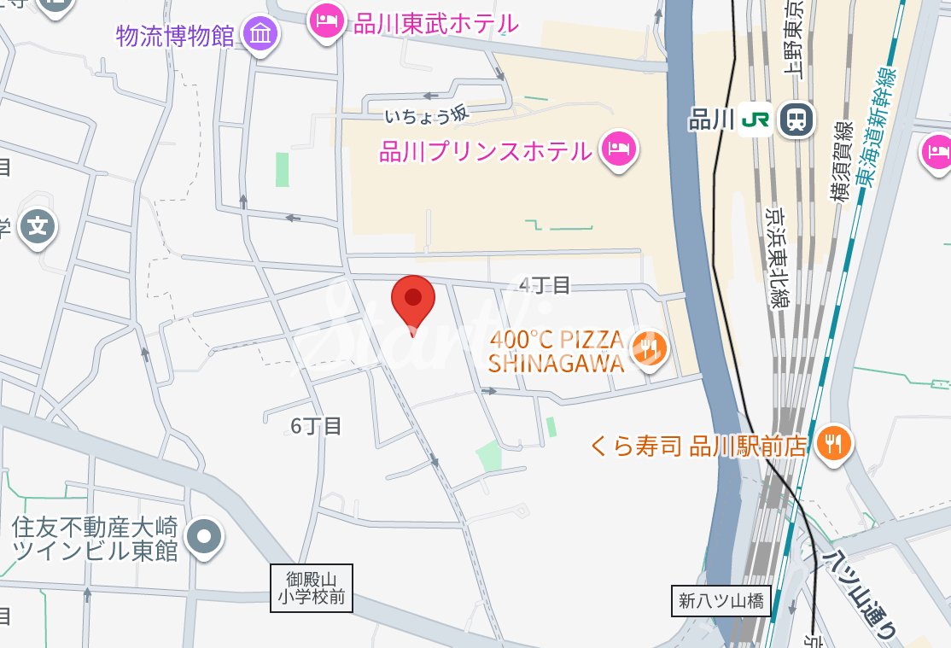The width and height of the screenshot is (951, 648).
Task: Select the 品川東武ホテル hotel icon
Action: (325, 20)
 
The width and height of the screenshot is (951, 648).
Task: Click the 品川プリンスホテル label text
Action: (485, 152)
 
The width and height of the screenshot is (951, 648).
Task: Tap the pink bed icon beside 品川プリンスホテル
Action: (618, 150)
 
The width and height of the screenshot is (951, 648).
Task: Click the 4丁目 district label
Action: (544, 285)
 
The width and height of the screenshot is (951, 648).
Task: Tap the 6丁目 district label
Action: (316, 426)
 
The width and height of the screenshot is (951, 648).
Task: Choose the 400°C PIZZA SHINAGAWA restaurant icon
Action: (649, 347)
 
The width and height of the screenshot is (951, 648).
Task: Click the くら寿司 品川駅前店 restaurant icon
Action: (832, 443)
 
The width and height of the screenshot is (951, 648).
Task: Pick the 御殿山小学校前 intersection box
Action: (312, 588)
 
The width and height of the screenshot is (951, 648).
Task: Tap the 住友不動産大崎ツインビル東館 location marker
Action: (204, 537)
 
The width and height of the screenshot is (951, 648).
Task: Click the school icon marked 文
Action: (38, 227)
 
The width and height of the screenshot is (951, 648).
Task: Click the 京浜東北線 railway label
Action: (778, 257)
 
